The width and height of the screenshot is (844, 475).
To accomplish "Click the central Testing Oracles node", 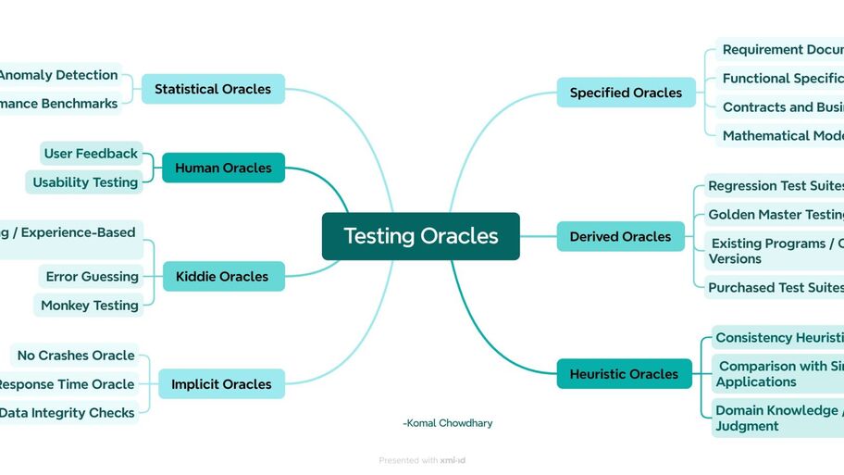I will pos(420,236).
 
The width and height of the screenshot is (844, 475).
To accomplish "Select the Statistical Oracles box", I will pos(213,89).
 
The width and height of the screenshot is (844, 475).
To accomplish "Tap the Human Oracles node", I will pos(223,168).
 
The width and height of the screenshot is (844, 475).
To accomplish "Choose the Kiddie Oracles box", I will pos(222,276).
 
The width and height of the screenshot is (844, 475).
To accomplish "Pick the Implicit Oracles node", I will pos(221,383).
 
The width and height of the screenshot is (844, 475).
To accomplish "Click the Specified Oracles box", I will pos(626,93).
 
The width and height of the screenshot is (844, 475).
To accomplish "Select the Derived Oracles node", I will pos(620,236).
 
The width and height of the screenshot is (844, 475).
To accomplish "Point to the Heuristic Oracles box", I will pos(624,374).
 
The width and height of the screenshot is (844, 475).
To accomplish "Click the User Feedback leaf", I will pos(92,154).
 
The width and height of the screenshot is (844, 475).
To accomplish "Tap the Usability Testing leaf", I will pos(85,182).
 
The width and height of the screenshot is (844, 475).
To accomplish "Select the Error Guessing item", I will pos(92,276).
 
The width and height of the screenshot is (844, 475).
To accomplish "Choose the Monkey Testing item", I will pos(89,305).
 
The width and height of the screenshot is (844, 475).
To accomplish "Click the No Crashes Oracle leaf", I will pos(76,356).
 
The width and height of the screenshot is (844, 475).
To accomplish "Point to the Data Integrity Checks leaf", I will pos(67,413).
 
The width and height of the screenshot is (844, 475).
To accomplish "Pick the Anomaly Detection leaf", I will pos(59,75).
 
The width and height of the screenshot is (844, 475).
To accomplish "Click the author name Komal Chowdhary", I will pos(448,423).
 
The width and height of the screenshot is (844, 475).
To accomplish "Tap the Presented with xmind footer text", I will pos(428,460).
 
